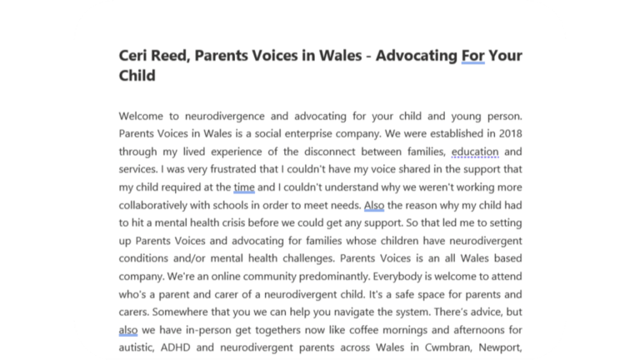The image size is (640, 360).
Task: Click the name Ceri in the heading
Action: [x=135, y=57]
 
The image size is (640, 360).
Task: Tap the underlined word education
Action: [x=475, y=152]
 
